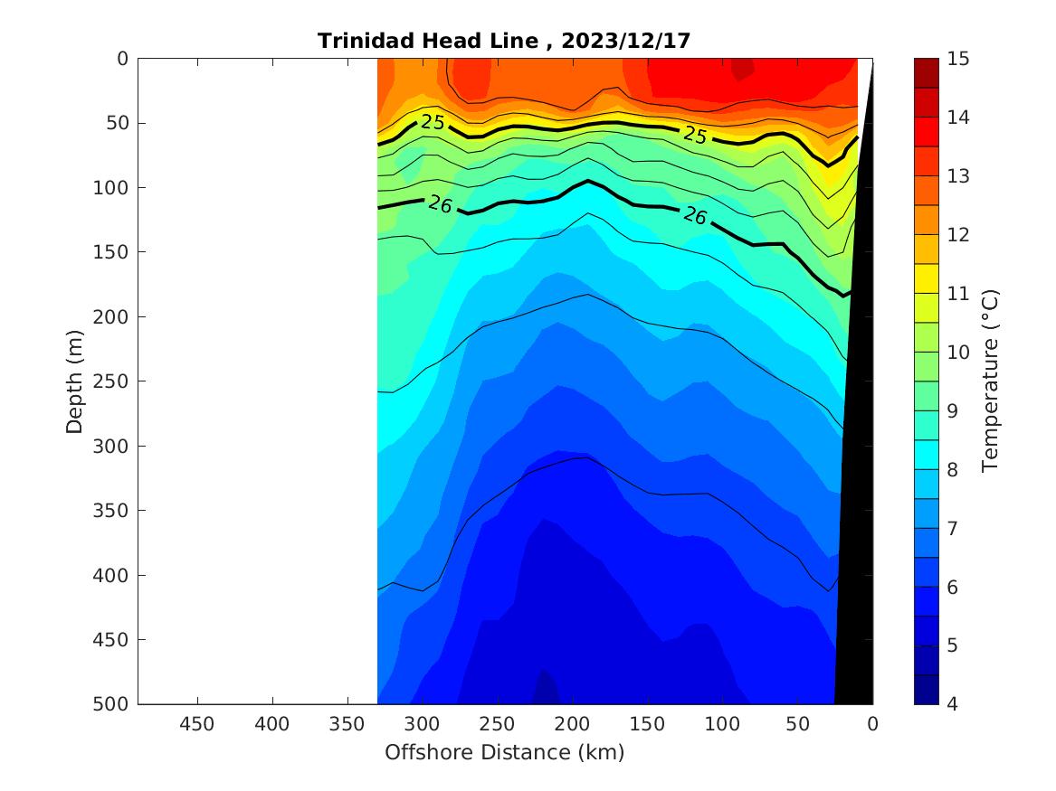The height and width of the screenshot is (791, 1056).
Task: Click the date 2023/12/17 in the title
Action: pos(626,41)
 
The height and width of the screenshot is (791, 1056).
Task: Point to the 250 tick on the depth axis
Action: pos(116,381)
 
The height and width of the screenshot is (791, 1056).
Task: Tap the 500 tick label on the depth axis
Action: pos(116,704)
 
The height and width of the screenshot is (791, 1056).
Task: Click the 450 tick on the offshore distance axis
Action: pos(197,724)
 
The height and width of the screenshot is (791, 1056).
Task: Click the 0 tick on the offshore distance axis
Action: pos(872,724)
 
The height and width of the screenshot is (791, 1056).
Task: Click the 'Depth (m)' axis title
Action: pos(76,381)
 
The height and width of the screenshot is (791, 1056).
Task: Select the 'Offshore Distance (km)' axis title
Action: pos(505,752)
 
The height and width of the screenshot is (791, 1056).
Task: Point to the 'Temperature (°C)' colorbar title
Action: pos(991,381)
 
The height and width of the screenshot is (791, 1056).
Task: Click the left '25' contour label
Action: pos(433,122)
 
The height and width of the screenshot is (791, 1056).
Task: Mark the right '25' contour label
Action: pos(695,135)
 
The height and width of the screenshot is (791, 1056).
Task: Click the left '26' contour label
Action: pos(440,204)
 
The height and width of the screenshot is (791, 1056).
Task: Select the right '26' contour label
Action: pos(694,215)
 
